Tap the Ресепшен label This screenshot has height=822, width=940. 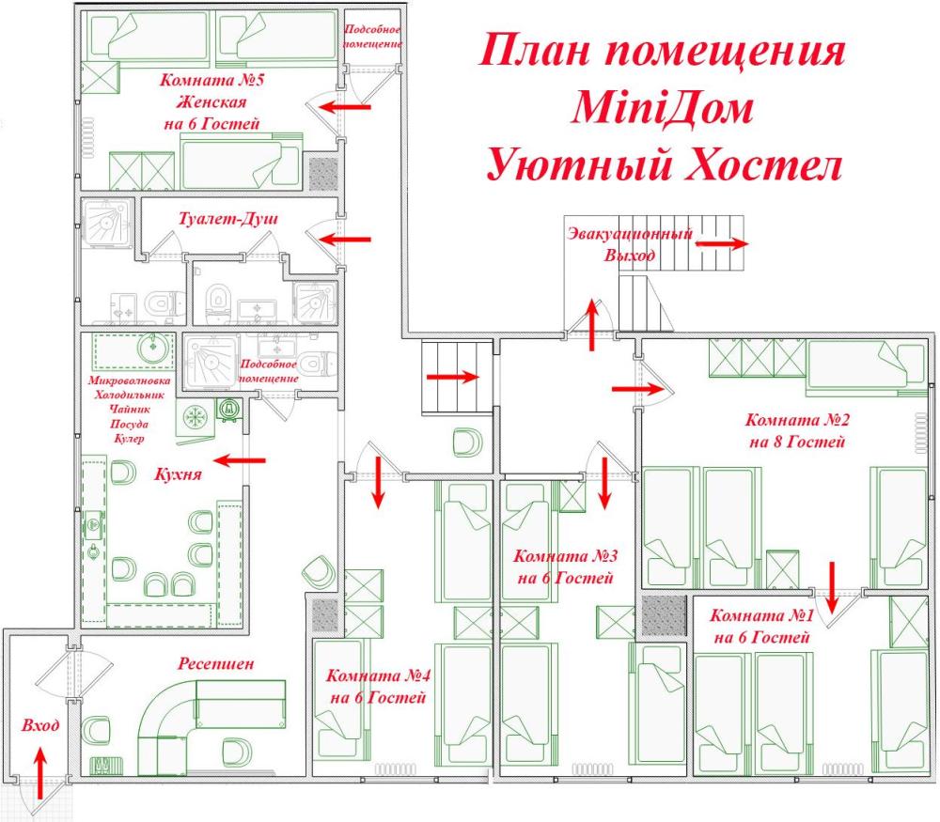[216, 664]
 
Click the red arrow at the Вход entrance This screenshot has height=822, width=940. [39, 771]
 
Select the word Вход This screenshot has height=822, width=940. [39, 726]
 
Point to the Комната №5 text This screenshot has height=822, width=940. [211, 80]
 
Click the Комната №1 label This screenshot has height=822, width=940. [761, 617]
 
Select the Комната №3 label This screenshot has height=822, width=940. [565, 555]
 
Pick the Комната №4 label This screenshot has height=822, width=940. [378, 676]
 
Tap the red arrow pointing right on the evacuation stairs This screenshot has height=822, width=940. [722, 242]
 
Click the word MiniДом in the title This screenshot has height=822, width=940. [662, 109]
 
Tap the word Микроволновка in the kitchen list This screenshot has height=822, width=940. [128, 381]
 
